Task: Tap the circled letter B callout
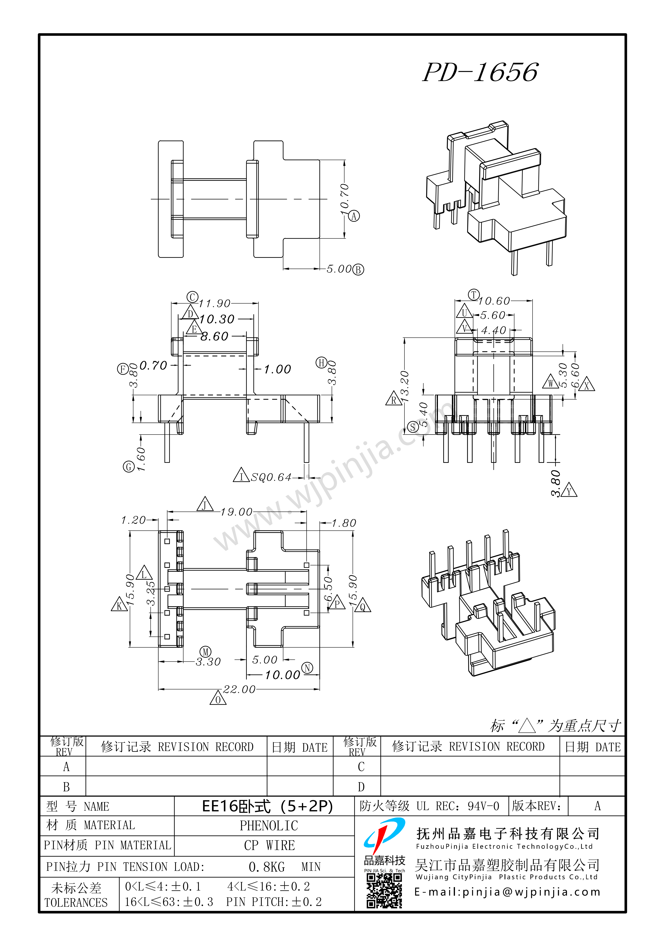pyautogui.click(x=358, y=270)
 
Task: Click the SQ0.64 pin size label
pyautogui.click(x=271, y=477)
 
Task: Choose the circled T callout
pyautogui.click(x=474, y=295)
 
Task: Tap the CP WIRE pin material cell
pyautogui.click(x=269, y=846)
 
